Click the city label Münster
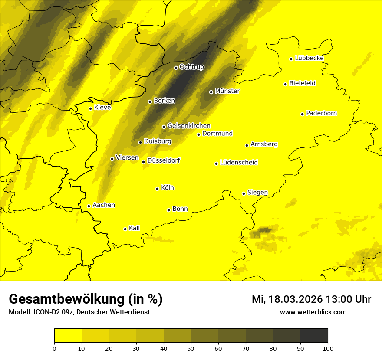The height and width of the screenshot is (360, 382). click(227, 91)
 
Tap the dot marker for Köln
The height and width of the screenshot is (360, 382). click(157, 189)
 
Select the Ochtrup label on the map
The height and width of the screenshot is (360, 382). click(191, 67)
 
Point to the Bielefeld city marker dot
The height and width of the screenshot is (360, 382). click(286, 84)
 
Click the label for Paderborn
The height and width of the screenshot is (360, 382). click(321, 113)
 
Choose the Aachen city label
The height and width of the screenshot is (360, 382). click(104, 205)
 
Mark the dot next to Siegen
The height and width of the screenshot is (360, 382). click(244, 193)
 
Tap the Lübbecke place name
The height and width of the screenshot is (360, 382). click(309, 58)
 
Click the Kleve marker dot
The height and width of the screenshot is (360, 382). click(90, 108)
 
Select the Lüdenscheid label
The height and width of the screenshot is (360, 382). click(239, 163)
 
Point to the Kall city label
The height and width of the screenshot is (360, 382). click(134, 228)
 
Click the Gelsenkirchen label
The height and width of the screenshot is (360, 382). click(189, 126)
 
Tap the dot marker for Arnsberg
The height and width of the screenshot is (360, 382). click(247, 145)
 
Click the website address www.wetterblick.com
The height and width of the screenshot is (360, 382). click(313, 312)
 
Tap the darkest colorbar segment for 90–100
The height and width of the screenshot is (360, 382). click(314, 335)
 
